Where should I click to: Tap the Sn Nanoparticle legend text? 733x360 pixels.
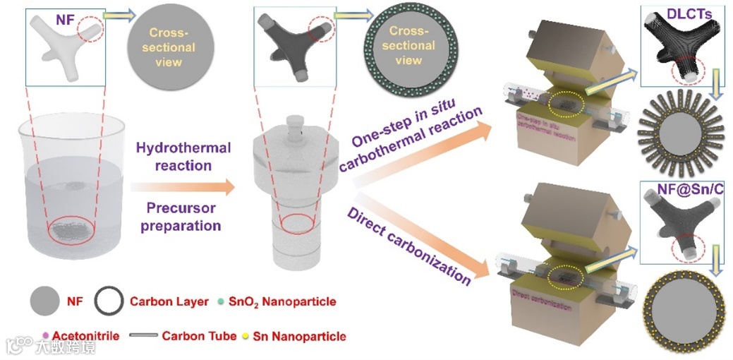[303, 336]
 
